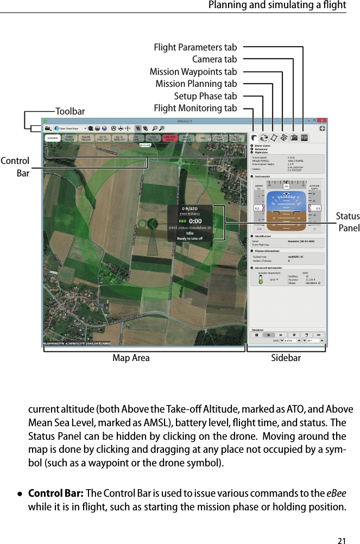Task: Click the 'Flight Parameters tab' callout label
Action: pyautogui.click(x=195, y=48)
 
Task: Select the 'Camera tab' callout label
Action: pyautogui.click(x=214, y=60)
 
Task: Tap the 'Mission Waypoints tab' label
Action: pyautogui.click(x=193, y=72)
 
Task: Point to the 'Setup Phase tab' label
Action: pyautogui.click(x=205, y=96)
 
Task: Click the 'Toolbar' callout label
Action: pyautogui.click(x=70, y=112)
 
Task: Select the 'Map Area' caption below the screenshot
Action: pyautogui.click(x=131, y=358)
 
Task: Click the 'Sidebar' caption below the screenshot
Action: pyautogui.click(x=286, y=358)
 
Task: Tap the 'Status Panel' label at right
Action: pyautogui.click(x=348, y=222)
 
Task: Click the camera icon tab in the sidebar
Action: pyautogui.click(x=294, y=138)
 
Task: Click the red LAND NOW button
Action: pyautogui.click(x=169, y=138)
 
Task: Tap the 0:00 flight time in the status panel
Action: pyautogui.click(x=195, y=221)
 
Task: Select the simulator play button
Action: pyautogui.click(x=268, y=335)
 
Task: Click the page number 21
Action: pyautogui.click(x=342, y=525)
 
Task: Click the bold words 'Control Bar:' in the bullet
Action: pyautogui.click(x=55, y=493)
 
